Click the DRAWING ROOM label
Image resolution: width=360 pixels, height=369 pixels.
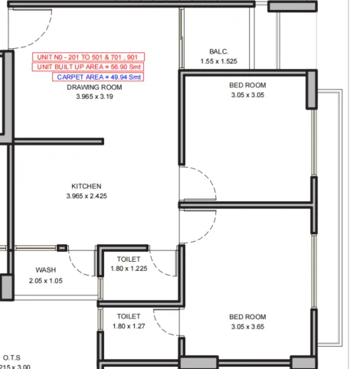tap(95, 87)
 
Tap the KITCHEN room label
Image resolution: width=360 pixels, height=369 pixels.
tap(87, 186)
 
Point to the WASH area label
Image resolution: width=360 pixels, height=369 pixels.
tap(46, 270)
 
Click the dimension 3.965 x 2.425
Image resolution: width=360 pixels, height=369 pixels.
tap(87, 196)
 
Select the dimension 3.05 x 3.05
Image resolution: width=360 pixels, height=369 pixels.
tap(247, 96)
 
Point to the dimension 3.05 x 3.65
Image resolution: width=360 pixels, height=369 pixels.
tap(247, 327)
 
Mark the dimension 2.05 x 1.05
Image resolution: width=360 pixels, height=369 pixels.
tap(46, 280)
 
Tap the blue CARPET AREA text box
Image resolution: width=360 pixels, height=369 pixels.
tap(97, 77)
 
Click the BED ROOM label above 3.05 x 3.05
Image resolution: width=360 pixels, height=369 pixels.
tap(247, 86)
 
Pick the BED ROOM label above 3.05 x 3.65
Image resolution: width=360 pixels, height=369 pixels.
tap(247, 317)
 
